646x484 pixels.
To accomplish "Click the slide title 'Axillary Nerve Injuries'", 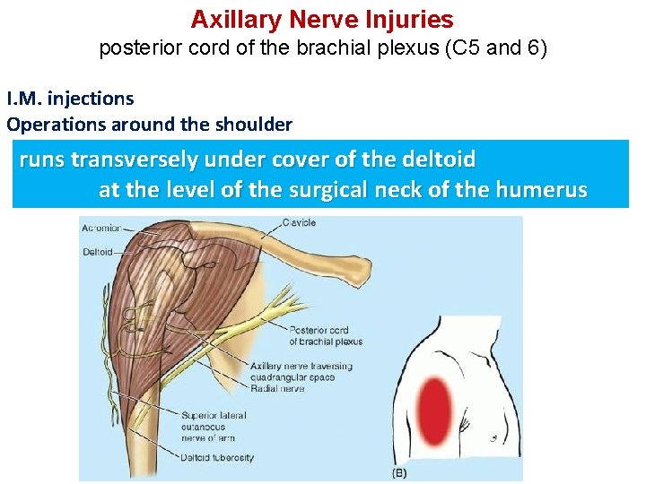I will point(322,20).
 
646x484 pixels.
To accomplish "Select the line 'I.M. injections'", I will point(70,99).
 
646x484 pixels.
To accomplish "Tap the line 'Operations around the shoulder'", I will point(149,124).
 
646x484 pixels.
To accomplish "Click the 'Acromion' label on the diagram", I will point(100,229).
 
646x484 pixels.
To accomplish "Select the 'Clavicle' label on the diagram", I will point(298,222).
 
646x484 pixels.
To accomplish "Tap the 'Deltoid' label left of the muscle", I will point(97,252).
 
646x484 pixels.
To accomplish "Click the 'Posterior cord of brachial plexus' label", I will point(325,335).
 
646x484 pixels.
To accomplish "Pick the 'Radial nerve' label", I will point(277,388).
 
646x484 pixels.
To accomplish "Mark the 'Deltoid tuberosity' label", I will point(217,457).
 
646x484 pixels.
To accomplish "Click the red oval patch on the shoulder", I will point(436,406).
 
